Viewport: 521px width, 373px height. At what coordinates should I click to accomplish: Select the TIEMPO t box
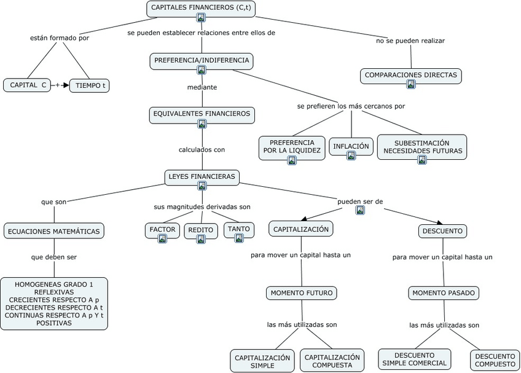click(x=90, y=85)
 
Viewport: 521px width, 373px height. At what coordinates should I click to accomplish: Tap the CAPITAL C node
click(x=27, y=85)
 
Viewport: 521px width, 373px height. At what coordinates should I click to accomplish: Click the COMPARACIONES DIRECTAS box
click(x=410, y=76)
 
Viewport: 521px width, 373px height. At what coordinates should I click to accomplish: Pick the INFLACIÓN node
click(x=351, y=147)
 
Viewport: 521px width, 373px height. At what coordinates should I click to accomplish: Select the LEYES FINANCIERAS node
click(x=202, y=177)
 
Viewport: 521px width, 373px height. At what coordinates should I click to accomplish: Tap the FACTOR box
click(x=162, y=230)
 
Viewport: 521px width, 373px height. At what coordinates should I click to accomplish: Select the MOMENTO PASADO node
click(x=443, y=293)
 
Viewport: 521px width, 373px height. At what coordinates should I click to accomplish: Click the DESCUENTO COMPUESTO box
click(x=495, y=360)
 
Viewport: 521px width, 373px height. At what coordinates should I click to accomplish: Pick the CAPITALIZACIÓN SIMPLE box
click(x=262, y=361)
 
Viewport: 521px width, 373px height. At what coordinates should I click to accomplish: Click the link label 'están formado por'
click(x=60, y=38)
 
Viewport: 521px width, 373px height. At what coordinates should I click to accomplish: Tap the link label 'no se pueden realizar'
click(x=410, y=41)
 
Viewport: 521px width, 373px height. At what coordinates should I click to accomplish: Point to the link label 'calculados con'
click(x=202, y=149)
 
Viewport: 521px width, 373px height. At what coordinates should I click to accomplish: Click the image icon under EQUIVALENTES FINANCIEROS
click(x=202, y=124)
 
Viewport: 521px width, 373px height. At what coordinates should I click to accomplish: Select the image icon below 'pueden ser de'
click(x=360, y=210)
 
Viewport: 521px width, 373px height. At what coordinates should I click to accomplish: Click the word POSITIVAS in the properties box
click(x=54, y=323)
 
